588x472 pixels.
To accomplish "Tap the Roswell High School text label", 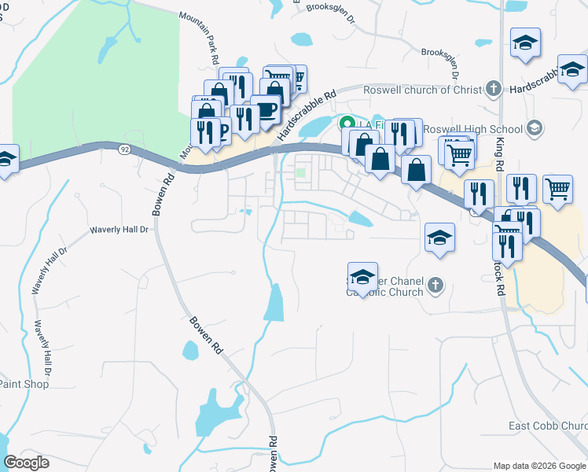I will coord(472,129).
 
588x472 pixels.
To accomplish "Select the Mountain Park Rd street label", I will coord(199,38).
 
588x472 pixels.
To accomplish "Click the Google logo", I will coord(26,463).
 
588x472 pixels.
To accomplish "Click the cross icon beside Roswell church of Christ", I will coord(493,88).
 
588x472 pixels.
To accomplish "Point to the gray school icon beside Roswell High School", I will coord(534,127).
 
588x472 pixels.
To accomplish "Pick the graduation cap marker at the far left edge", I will coord(6,160).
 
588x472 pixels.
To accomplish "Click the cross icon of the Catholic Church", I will coord(437,286).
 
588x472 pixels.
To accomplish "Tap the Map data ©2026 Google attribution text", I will coord(539,465).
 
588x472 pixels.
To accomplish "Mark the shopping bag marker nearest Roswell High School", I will coord(416,168).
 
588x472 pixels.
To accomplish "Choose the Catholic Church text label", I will coord(385,292).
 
